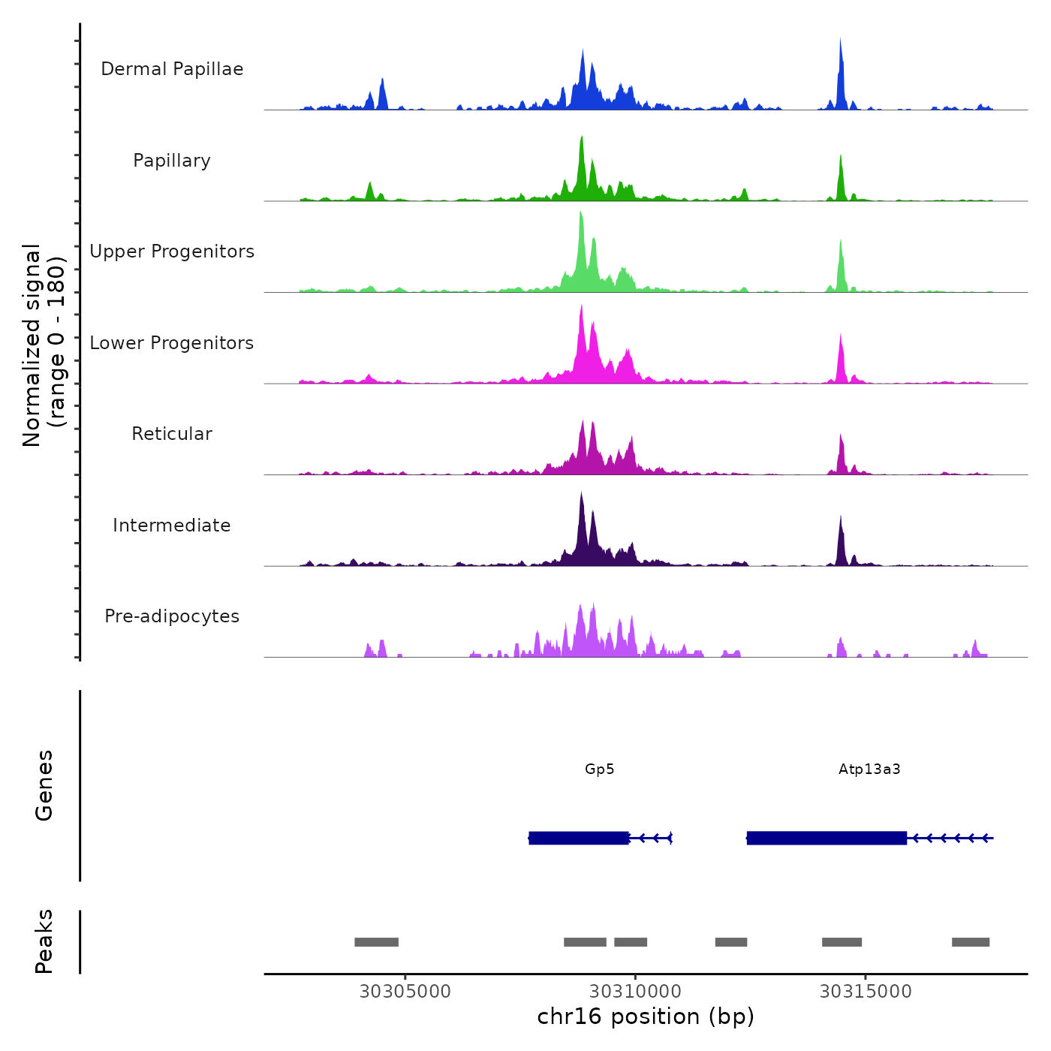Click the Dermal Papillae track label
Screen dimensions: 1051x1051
click(x=172, y=69)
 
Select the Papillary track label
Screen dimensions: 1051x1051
click(x=172, y=161)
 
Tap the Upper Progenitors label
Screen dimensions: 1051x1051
click(x=172, y=251)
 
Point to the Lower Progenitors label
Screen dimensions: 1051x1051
click(x=172, y=343)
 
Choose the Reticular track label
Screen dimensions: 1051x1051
click(x=172, y=434)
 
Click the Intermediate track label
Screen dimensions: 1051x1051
click(x=172, y=525)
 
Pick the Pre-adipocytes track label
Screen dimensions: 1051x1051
click(x=172, y=616)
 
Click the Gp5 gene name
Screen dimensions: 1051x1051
click(x=599, y=769)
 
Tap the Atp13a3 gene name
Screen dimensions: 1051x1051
click(x=869, y=769)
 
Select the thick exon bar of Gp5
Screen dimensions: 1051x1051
click(x=579, y=838)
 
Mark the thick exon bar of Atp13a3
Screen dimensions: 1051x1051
click(x=827, y=838)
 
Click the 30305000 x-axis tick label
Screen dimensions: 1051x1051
click(x=405, y=992)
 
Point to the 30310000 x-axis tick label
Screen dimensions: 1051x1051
click(x=635, y=992)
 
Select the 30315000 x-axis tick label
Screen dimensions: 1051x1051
click(x=866, y=992)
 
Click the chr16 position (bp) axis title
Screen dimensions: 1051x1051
click(x=646, y=1016)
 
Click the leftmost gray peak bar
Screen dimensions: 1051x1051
click(x=376, y=942)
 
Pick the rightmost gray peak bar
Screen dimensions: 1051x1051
click(x=971, y=942)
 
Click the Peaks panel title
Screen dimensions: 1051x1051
click(x=44, y=941)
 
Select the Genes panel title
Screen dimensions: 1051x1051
click(x=44, y=785)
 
